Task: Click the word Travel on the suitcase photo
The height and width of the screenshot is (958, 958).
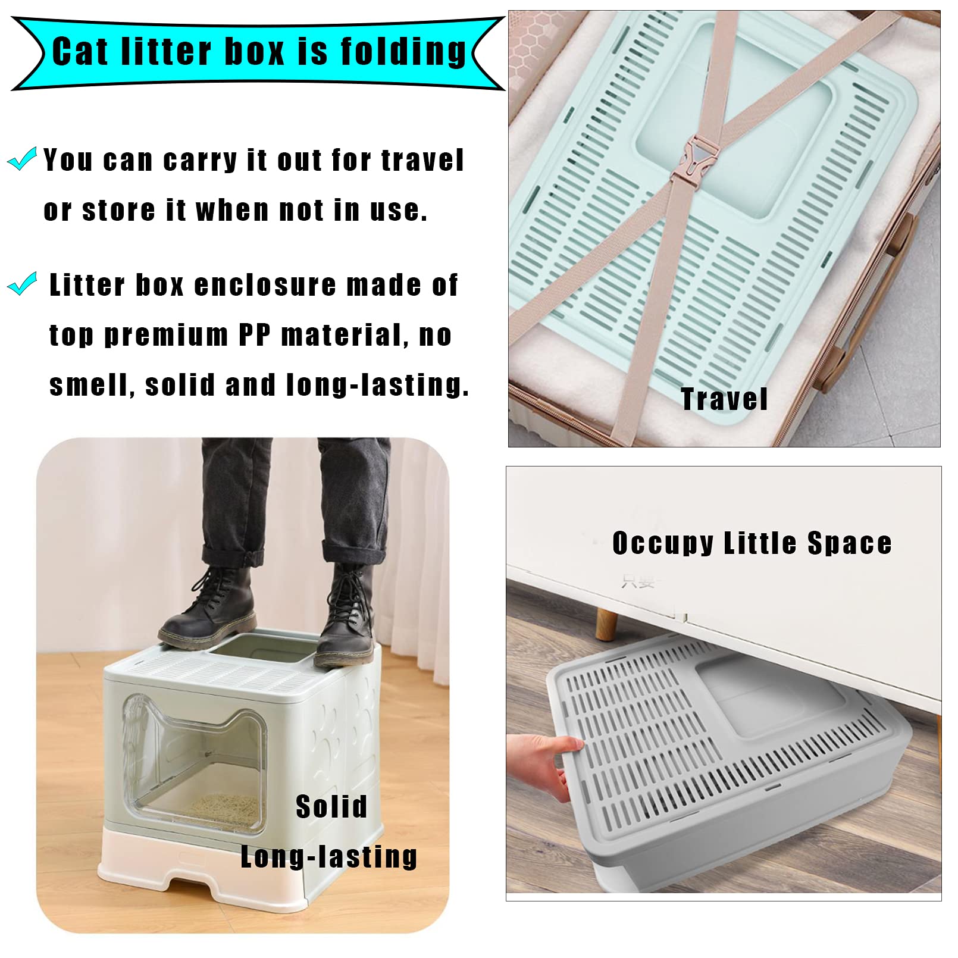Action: pyautogui.click(x=724, y=399)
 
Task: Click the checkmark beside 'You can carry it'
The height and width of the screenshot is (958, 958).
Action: pyautogui.click(x=23, y=159)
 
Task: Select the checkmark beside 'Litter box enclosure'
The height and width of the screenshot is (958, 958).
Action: pyautogui.click(x=23, y=284)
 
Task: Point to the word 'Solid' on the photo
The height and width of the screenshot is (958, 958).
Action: pyautogui.click(x=331, y=807)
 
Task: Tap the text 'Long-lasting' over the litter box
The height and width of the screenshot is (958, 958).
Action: pyautogui.click(x=328, y=857)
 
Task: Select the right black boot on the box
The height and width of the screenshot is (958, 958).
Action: pyautogui.click(x=347, y=619)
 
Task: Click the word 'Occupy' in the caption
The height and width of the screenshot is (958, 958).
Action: pyautogui.click(x=662, y=543)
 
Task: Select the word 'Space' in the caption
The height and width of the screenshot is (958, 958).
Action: pyautogui.click(x=849, y=543)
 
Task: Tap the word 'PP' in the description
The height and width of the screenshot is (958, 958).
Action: pyautogui.click(x=254, y=335)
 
